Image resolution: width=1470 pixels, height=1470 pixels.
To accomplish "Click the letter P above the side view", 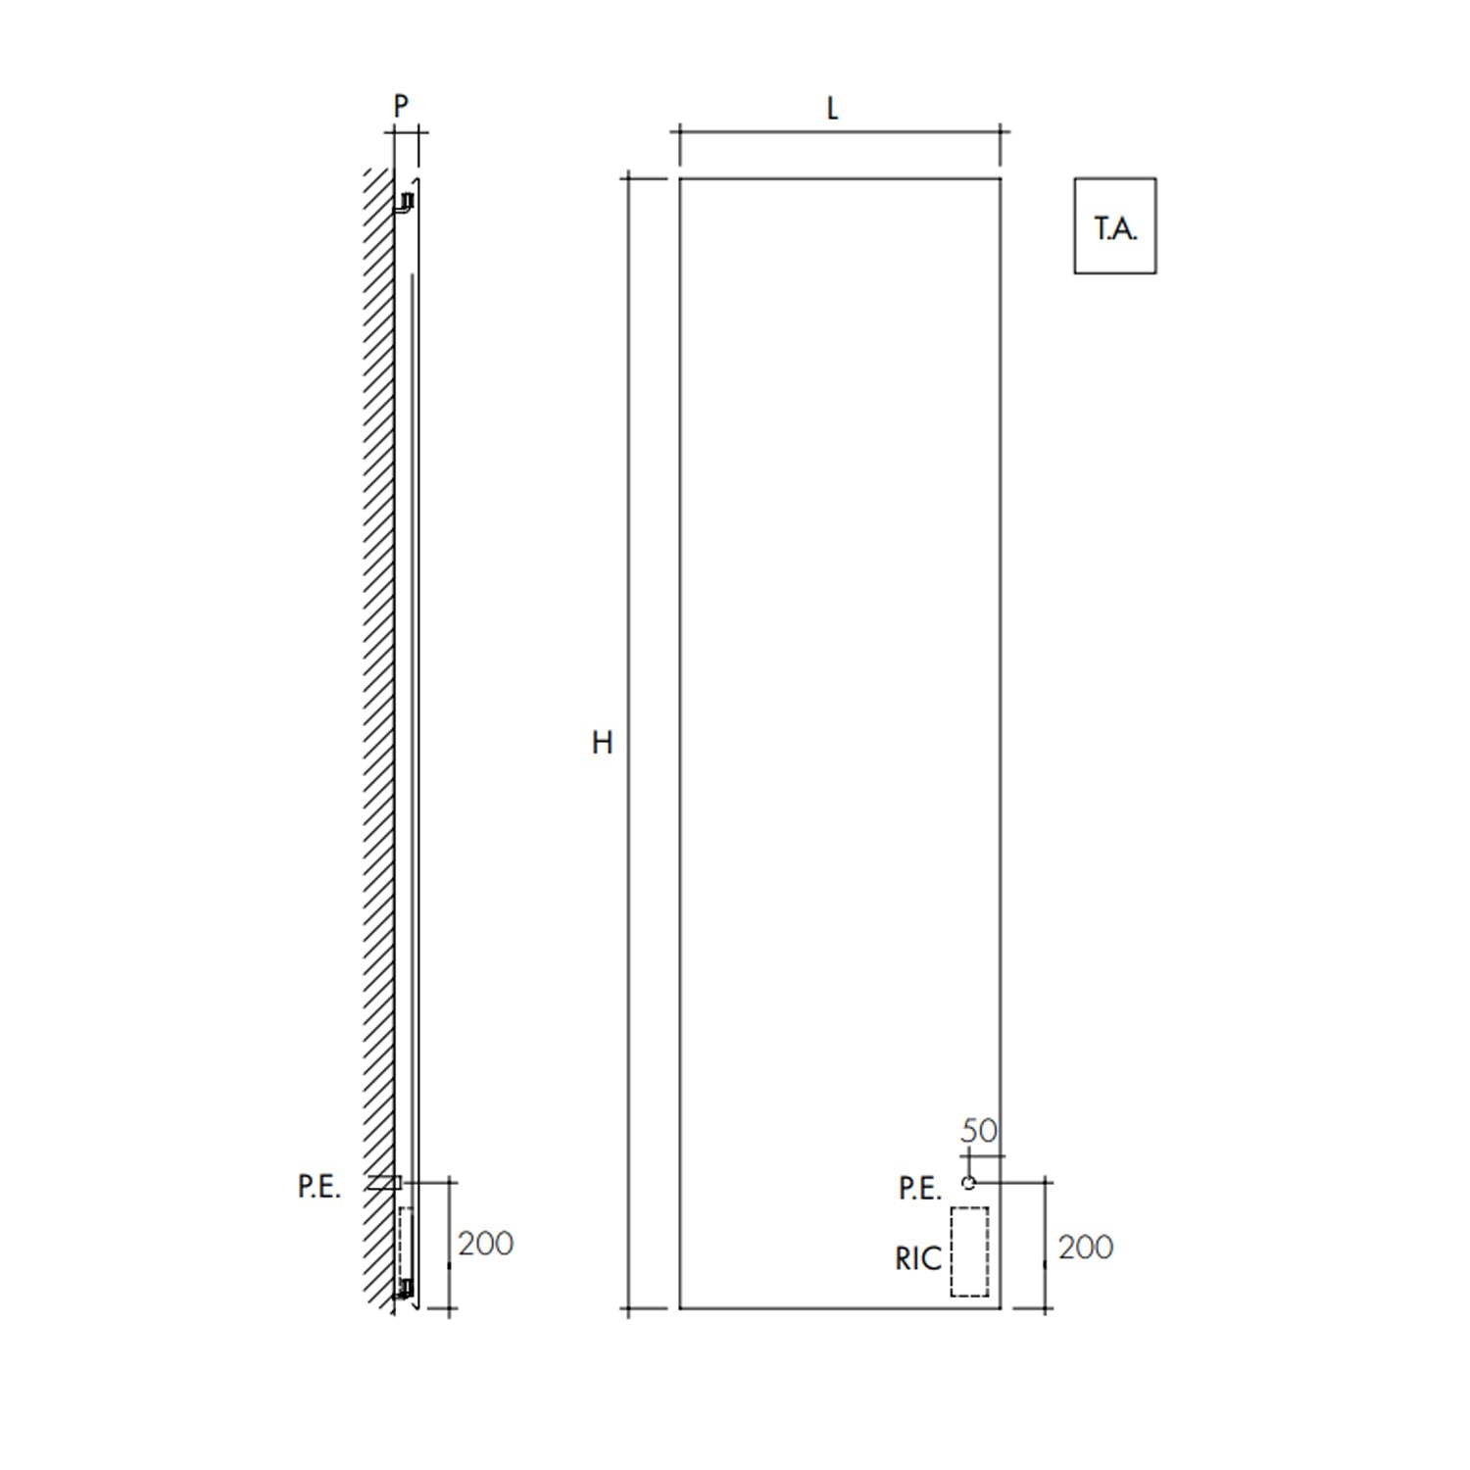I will [400, 106].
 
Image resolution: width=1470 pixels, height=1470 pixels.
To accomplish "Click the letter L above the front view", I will [832, 109].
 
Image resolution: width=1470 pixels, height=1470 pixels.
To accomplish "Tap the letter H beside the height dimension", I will [602, 743].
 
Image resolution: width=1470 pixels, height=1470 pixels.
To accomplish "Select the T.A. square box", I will [1115, 226].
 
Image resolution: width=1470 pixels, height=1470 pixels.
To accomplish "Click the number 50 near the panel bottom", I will [978, 1131].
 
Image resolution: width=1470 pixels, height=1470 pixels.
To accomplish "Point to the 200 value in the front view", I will [1085, 1248].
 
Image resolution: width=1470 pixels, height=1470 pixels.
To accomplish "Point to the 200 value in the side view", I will [485, 1244].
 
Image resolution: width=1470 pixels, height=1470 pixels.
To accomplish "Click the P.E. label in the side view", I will [318, 1187].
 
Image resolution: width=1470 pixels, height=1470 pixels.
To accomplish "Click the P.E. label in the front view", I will [919, 1189].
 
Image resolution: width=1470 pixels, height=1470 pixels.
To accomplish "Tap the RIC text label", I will [917, 1259].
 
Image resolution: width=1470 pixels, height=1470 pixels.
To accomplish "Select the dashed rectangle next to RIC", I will [969, 1251].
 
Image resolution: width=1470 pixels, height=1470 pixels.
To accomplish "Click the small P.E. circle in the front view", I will [969, 1183].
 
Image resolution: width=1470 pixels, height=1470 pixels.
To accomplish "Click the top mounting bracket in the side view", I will [404, 203].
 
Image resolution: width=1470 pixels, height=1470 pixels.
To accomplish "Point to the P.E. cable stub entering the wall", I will [384, 1183].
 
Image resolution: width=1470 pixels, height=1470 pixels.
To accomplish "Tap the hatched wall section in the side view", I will [378, 686].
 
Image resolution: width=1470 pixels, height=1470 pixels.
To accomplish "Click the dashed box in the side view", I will [405, 1242].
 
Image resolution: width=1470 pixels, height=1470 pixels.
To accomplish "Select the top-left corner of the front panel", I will [680, 178].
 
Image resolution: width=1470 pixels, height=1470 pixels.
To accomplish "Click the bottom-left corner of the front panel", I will [680, 1307].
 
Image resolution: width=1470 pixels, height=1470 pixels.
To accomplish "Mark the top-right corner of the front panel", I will [1001, 178].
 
